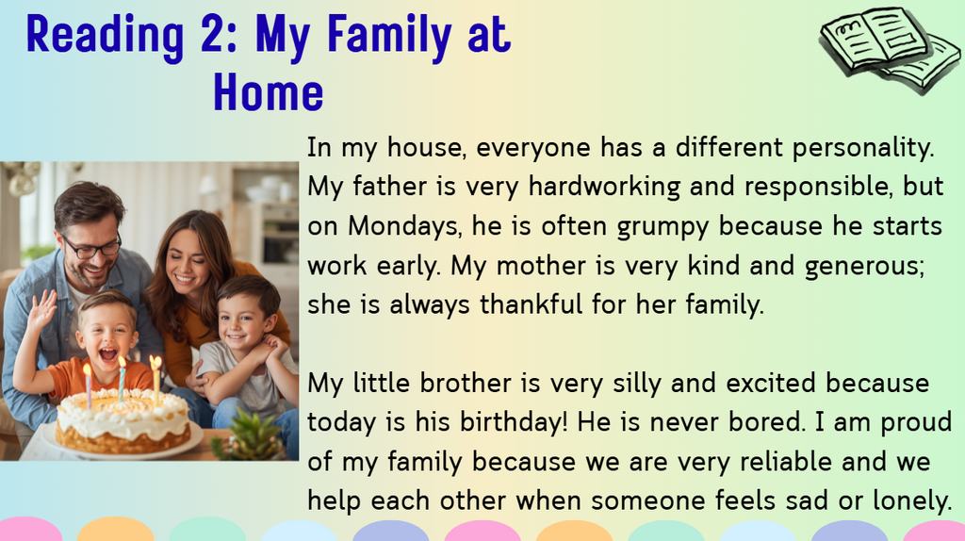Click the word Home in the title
pos(269,93)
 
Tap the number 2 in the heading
pos(214,34)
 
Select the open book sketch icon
pos(890,50)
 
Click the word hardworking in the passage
pos(604,187)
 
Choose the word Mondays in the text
pos(403,226)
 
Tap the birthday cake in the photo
pos(123,421)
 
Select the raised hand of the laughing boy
pos(41,309)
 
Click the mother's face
pos(187,262)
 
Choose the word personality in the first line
pos(863,148)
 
